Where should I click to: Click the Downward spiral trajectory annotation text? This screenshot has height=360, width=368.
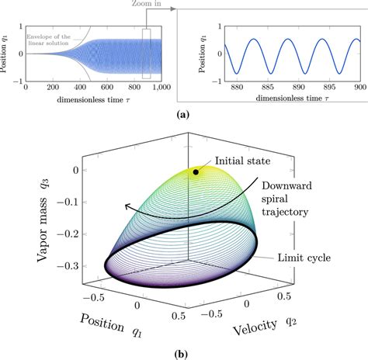click(x=296, y=199)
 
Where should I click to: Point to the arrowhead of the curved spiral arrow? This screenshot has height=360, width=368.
click(x=125, y=206)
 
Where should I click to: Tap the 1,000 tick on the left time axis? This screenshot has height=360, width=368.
click(x=161, y=88)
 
